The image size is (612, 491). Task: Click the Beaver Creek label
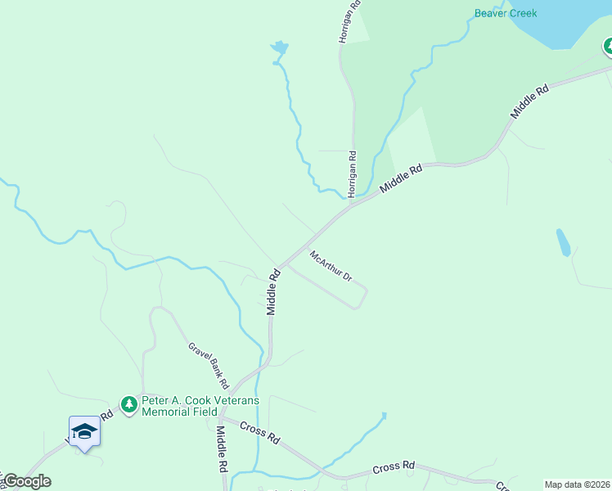point(506,13)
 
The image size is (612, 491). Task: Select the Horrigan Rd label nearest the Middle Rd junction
point(352,173)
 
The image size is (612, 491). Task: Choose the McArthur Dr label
point(331,266)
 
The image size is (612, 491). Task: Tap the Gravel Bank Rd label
point(209,364)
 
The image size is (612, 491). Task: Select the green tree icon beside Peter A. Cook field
point(128,404)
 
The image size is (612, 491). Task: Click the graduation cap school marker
point(84,431)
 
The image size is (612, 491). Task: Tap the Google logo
point(26,481)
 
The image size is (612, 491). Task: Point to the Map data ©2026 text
point(577,484)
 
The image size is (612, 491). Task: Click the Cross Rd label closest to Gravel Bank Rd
point(262,432)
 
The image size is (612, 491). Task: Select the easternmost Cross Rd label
point(394,467)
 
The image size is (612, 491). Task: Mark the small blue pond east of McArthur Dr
point(563,242)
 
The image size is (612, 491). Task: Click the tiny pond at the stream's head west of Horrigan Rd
point(279,49)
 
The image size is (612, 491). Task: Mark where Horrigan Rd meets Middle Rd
point(352,203)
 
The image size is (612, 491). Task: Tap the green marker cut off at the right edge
point(609,47)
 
